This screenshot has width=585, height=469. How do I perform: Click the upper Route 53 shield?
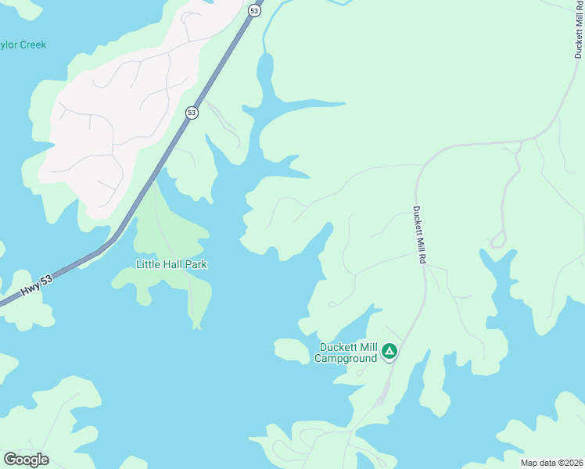254,10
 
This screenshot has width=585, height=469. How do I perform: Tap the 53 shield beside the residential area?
192,113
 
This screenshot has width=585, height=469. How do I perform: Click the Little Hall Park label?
171,264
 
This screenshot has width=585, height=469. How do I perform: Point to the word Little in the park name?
148,264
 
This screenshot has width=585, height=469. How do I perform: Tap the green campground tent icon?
389,352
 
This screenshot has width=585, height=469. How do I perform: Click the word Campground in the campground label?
346,359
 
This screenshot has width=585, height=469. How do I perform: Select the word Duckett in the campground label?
338,348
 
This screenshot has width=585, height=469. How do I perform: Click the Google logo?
26,460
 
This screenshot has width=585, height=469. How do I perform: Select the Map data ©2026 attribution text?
551,463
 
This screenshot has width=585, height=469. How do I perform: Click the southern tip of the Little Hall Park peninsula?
196,324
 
